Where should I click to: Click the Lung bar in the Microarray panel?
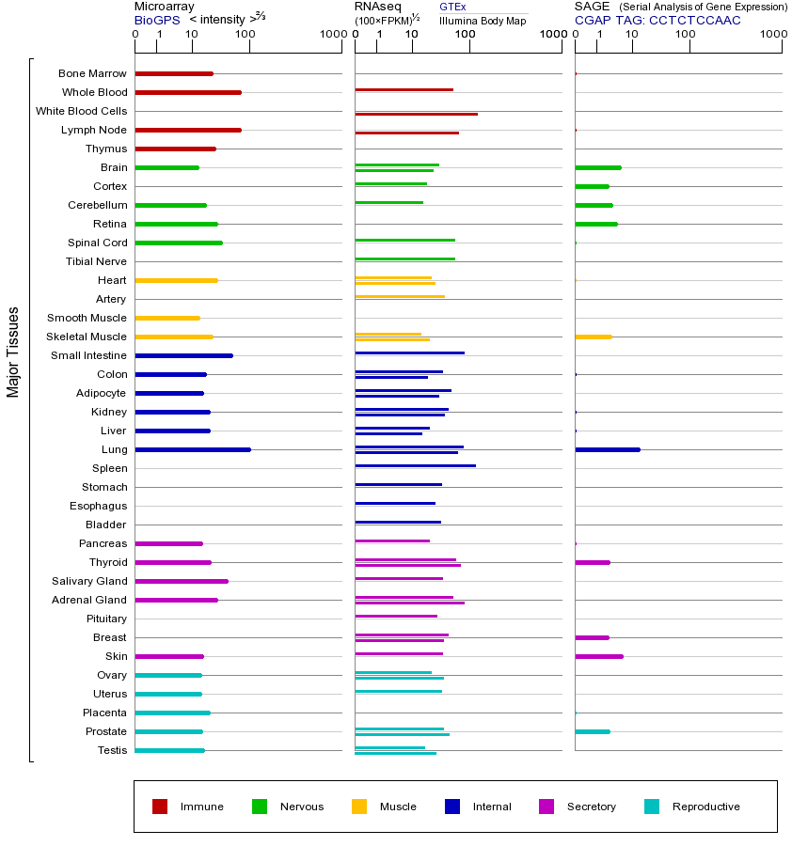coord(193,449)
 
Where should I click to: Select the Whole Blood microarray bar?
coord(188,92)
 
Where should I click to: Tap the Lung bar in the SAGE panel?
coord(607,449)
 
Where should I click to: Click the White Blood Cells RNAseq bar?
coord(416,114)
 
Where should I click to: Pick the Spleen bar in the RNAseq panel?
coord(415,465)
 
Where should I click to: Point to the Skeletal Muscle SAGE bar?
coord(593,337)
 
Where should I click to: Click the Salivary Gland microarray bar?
coord(182,581)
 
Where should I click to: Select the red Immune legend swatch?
coord(160,807)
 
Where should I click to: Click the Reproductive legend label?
coord(705,807)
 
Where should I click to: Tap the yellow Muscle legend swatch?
coord(359,807)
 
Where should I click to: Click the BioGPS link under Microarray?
coord(156,20)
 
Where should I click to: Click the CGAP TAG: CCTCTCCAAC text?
coord(657,20)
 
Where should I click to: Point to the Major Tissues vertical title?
coord(13,352)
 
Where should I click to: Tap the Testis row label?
coord(112,750)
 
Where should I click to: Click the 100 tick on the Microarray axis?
coord(246,35)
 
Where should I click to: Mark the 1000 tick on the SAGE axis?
coord(773,35)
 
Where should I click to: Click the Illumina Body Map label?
coord(483,20)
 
